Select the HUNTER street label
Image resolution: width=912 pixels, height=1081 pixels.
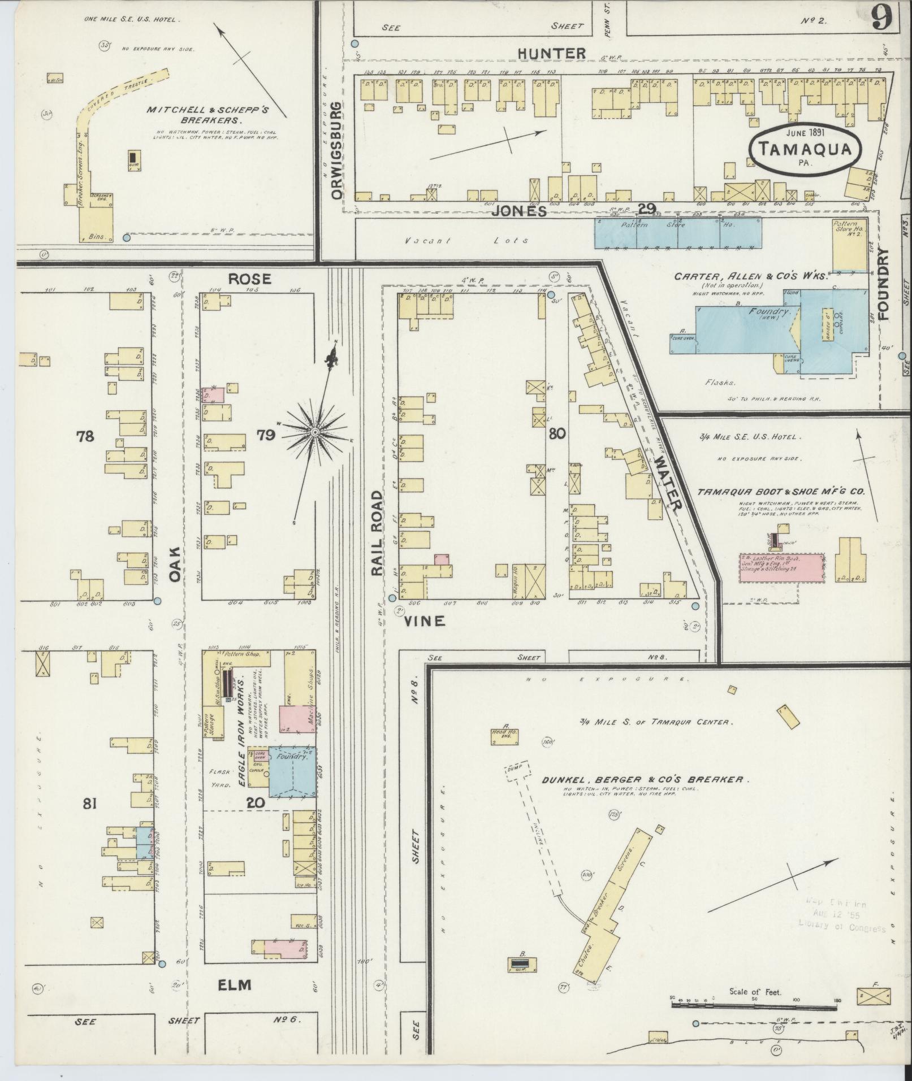click(x=552, y=54)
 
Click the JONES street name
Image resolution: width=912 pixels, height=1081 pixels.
click(x=518, y=211)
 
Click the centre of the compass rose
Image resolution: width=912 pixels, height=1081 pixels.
click(x=314, y=433)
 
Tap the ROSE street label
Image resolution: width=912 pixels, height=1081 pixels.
click(x=250, y=279)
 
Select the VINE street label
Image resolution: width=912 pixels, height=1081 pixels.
click(x=425, y=621)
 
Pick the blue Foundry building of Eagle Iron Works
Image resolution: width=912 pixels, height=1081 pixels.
click(x=292, y=772)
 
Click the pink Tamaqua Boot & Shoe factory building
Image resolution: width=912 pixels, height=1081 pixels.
click(x=781, y=568)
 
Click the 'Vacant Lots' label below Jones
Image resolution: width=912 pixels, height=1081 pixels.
click(x=466, y=240)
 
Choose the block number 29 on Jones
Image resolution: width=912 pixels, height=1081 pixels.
click(x=646, y=209)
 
